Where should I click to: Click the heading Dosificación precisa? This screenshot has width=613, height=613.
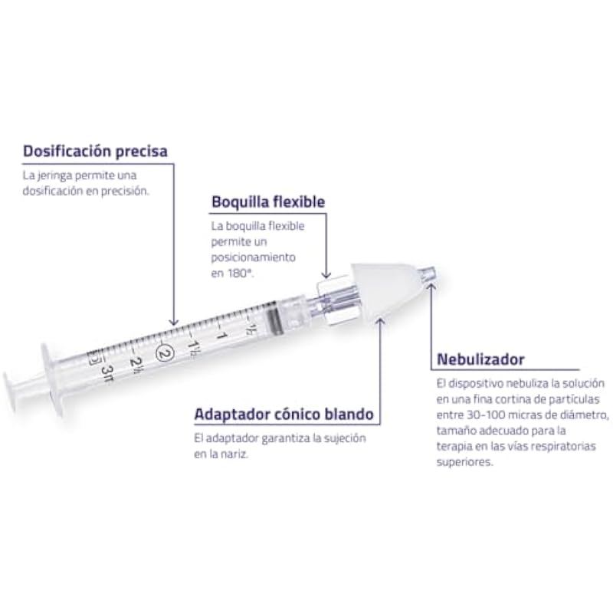coord(95,151)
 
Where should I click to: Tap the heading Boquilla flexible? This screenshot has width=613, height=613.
coord(268,202)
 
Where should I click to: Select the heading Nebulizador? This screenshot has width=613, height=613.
coord(480,359)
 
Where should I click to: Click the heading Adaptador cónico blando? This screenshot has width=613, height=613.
coord(284,415)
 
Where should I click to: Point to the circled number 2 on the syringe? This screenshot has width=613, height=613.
coord(165,352)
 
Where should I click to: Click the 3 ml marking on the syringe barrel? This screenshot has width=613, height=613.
coord(107,373)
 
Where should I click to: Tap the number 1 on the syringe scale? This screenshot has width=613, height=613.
coord(222,336)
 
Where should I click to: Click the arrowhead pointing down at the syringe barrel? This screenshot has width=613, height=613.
coord(174,322)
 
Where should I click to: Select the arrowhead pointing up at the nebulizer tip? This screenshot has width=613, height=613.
coord(431,287)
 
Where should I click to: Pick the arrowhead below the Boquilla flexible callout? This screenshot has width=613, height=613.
coord(326,275)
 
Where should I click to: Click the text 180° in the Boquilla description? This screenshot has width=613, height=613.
coord(240,274)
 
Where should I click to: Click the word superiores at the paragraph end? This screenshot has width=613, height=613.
coord(464,463)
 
